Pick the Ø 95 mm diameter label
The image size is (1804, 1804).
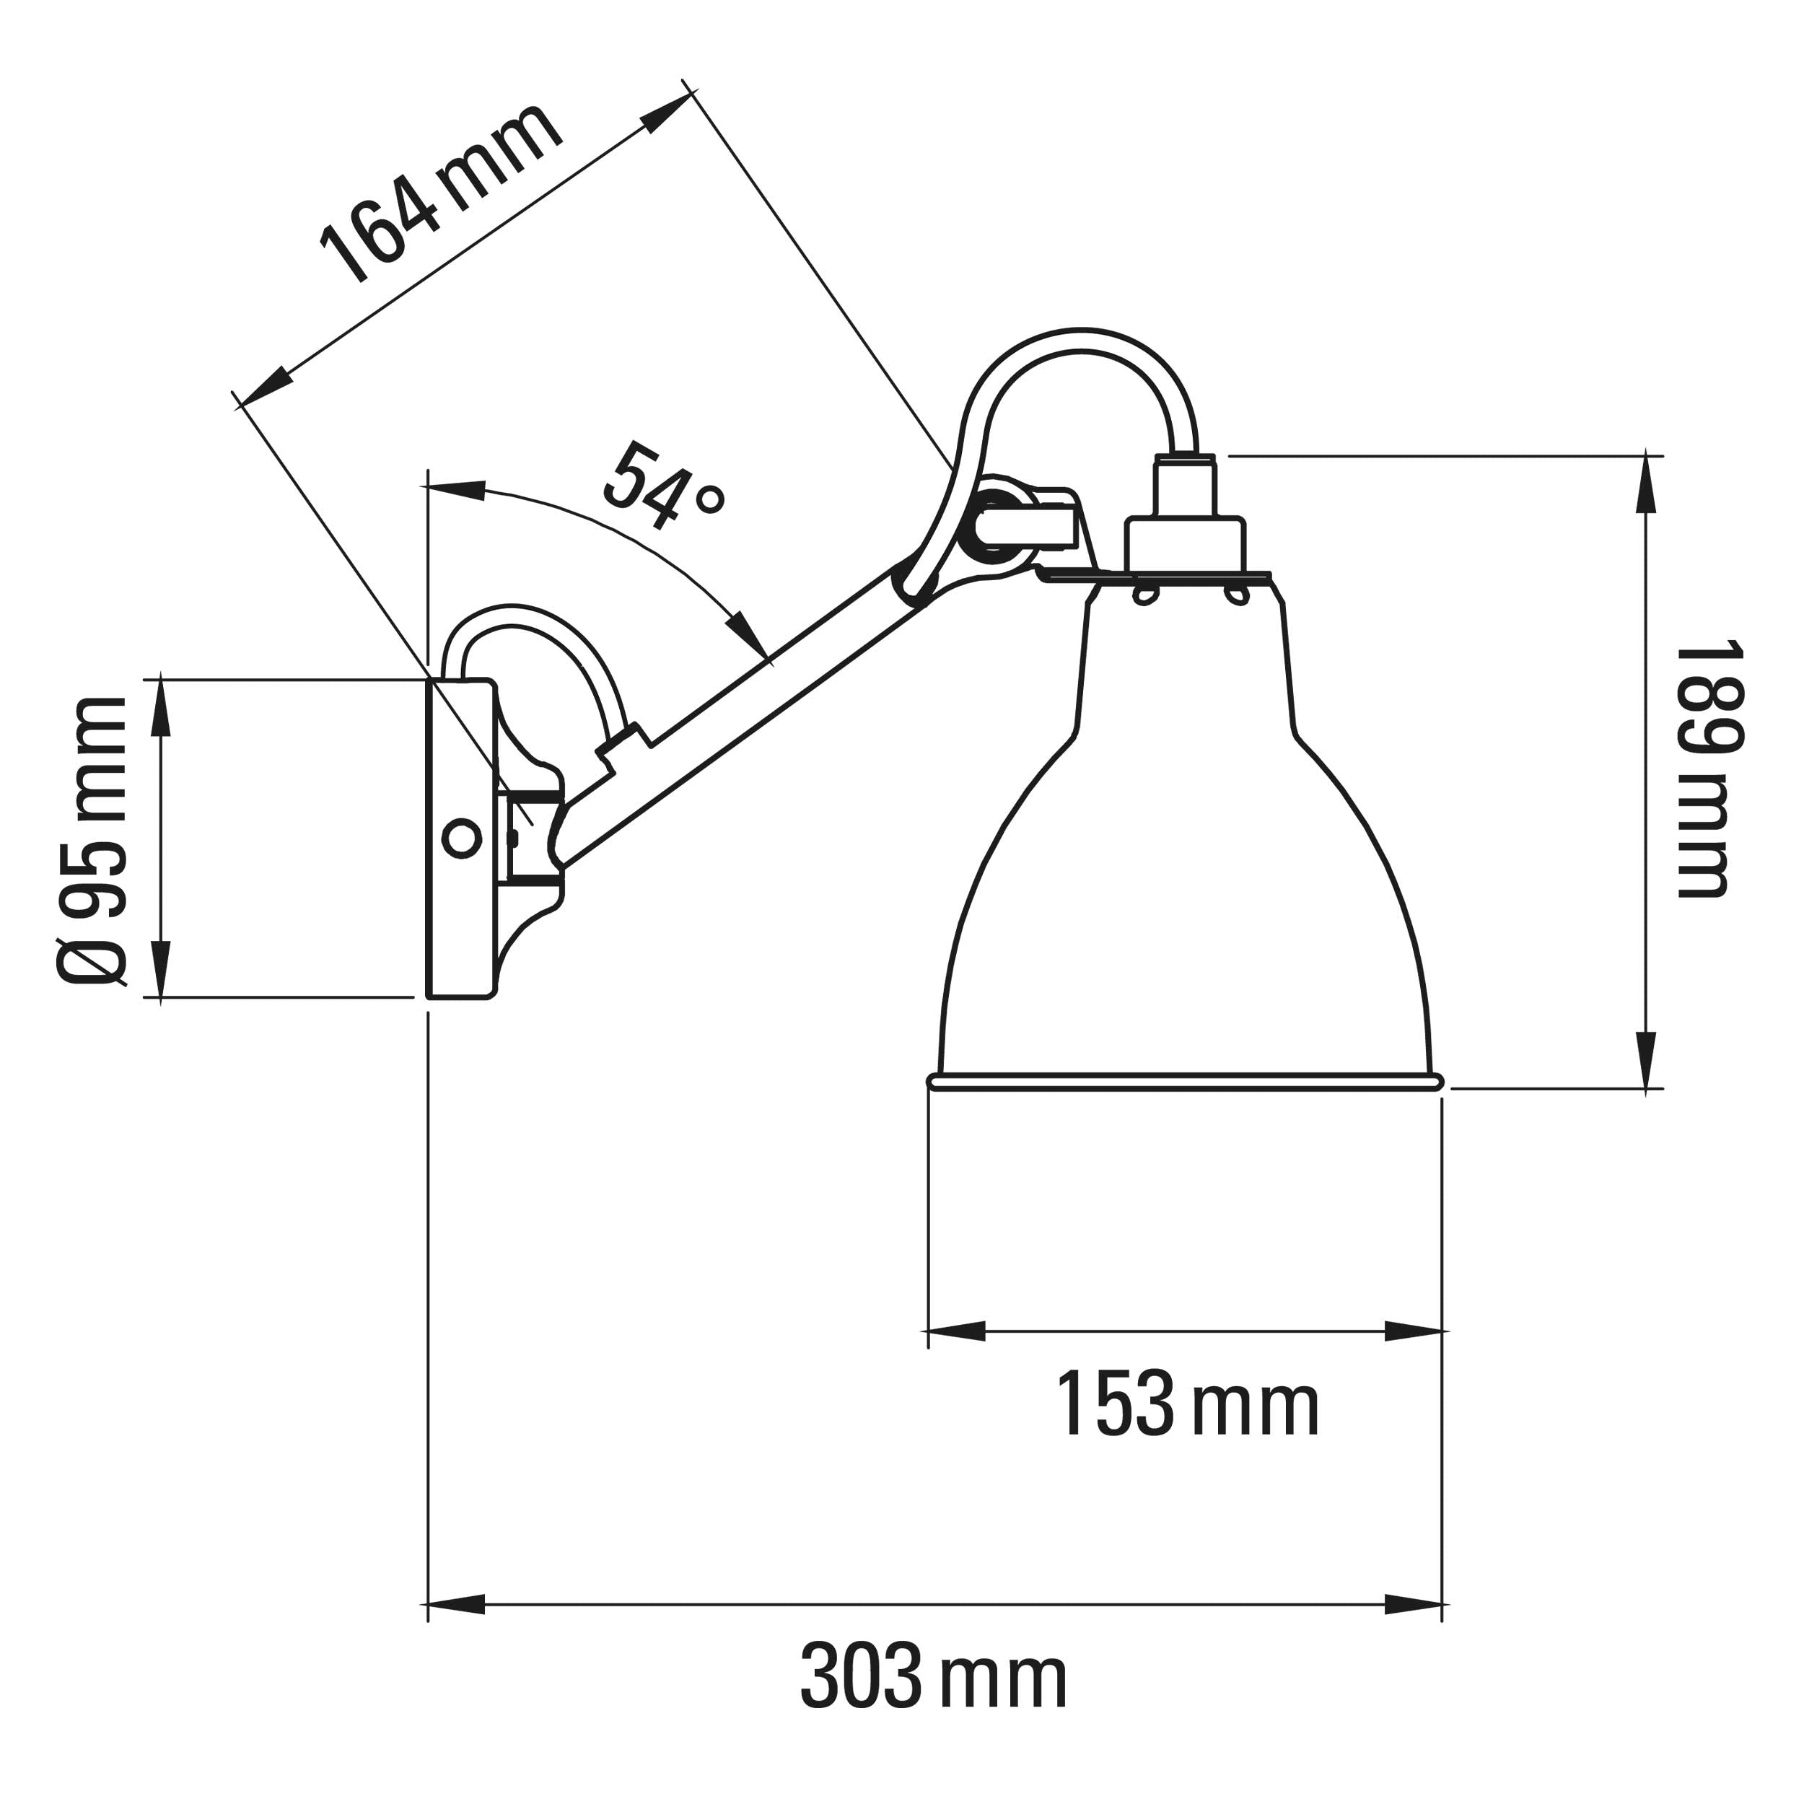pos(91,841)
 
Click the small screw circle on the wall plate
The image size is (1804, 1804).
pos(461,838)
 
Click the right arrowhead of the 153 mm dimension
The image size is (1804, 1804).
pos(1416,1331)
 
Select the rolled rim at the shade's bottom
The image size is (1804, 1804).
pos(1186,1081)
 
